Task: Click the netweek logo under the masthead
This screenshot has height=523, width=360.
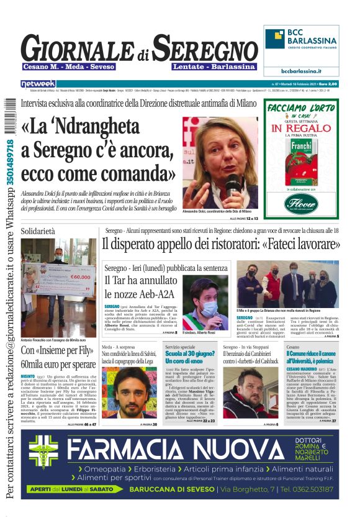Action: (38, 83)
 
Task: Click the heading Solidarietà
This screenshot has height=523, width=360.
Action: (38, 231)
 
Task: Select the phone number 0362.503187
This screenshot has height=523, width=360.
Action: (311, 489)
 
